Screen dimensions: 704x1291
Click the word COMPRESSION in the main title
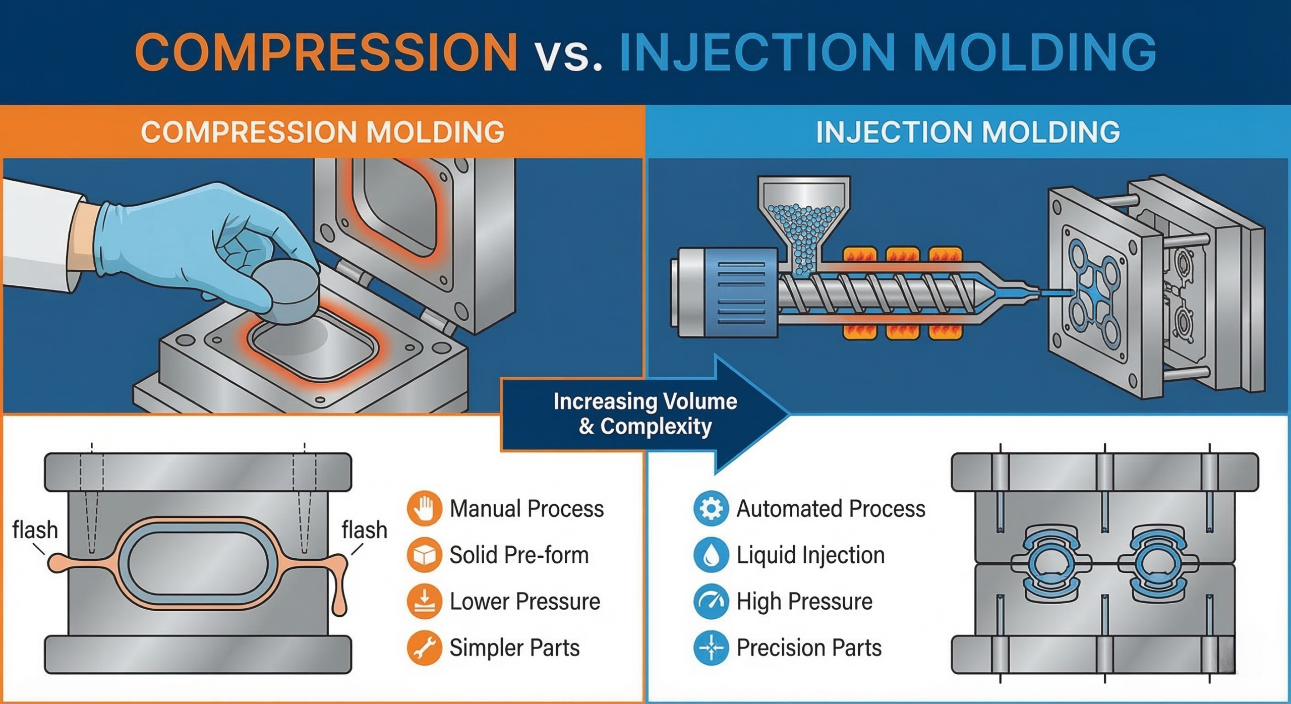click(x=326, y=52)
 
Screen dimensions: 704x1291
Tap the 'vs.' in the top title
click(x=569, y=55)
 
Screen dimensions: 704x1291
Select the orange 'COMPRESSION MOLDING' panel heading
click(x=323, y=132)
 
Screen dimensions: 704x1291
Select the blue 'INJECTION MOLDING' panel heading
click(x=968, y=132)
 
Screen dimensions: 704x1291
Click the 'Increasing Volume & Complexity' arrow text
click(x=645, y=414)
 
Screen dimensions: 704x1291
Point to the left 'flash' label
click(x=35, y=530)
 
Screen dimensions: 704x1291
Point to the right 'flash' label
click(x=364, y=530)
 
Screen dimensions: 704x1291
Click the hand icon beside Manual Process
click(x=424, y=508)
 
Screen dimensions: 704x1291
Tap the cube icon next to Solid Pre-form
click(x=424, y=555)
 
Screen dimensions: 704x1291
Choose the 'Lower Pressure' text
click(x=524, y=601)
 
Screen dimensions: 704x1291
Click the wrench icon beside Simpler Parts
click(x=424, y=648)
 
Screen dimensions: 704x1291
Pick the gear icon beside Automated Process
click(x=711, y=508)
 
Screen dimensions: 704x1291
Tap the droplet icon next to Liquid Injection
click(x=711, y=555)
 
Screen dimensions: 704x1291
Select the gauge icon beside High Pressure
click(x=711, y=601)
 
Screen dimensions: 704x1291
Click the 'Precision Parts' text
click(x=809, y=648)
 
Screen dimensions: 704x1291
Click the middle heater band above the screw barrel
click(x=903, y=255)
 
